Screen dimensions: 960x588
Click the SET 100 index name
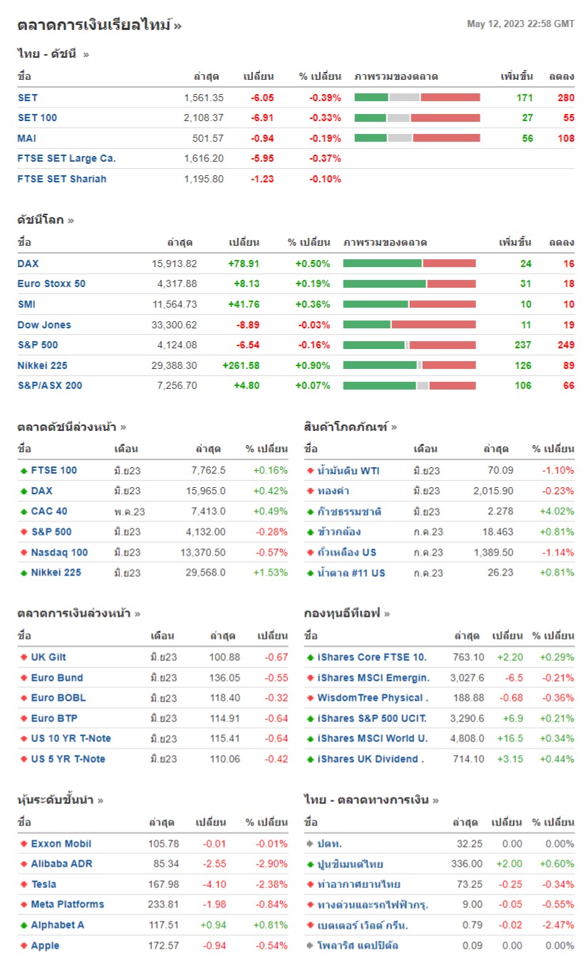click(x=37, y=118)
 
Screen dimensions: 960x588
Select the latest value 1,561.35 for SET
click(x=203, y=98)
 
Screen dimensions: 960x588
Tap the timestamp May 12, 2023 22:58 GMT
click(x=520, y=24)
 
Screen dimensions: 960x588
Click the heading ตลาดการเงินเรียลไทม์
click(x=95, y=26)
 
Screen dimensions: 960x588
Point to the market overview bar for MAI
click(x=417, y=138)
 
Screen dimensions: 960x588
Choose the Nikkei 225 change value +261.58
click(x=241, y=365)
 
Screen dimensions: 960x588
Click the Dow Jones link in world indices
click(x=44, y=325)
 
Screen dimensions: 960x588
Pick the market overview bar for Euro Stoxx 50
click(x=409, y=283)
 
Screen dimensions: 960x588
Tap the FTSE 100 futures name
click(x=53, y=470)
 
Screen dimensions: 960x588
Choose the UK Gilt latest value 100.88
click(x=225, y=657)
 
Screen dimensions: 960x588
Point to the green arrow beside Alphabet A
click(x=24, y=925)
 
